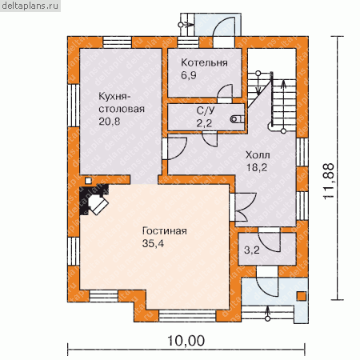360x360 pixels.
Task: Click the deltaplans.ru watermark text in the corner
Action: tap(30, 6)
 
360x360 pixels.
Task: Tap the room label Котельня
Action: tap(204, 62)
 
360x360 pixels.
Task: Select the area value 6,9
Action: tap(189, 75)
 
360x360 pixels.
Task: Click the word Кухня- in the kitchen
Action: tap(114, 96)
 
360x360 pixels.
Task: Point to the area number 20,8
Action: tap(110, 122)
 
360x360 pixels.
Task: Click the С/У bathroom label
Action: tap(206, 110)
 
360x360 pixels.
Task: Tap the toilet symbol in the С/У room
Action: tap(237, 119)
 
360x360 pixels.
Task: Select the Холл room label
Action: tap(258, 155)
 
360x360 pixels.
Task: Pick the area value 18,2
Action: tap(257, 168)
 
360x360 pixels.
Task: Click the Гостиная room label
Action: tap(165, 230)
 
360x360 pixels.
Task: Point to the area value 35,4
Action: tap(153, 243)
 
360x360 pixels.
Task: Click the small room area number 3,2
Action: tap(252, 250)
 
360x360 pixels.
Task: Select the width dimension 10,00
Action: tap(186, 341)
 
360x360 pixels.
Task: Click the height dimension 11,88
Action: tap(329, 181)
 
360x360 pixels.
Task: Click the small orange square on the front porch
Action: tap(302, 296)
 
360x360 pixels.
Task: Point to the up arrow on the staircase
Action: tap(283, 106)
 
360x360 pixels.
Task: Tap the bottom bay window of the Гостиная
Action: tap(187, 316)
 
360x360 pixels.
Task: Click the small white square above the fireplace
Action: tap(88, 181)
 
